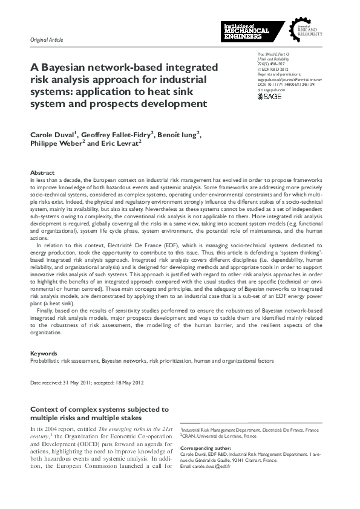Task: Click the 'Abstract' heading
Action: click(x=42, y=173)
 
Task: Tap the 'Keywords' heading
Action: click(x=44, y=353)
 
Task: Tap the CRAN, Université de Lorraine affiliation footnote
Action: click(x=218, y=436)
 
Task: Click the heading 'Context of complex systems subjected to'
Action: click(x=99, y=409)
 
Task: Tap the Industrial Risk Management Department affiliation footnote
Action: click(x=249, y=430)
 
